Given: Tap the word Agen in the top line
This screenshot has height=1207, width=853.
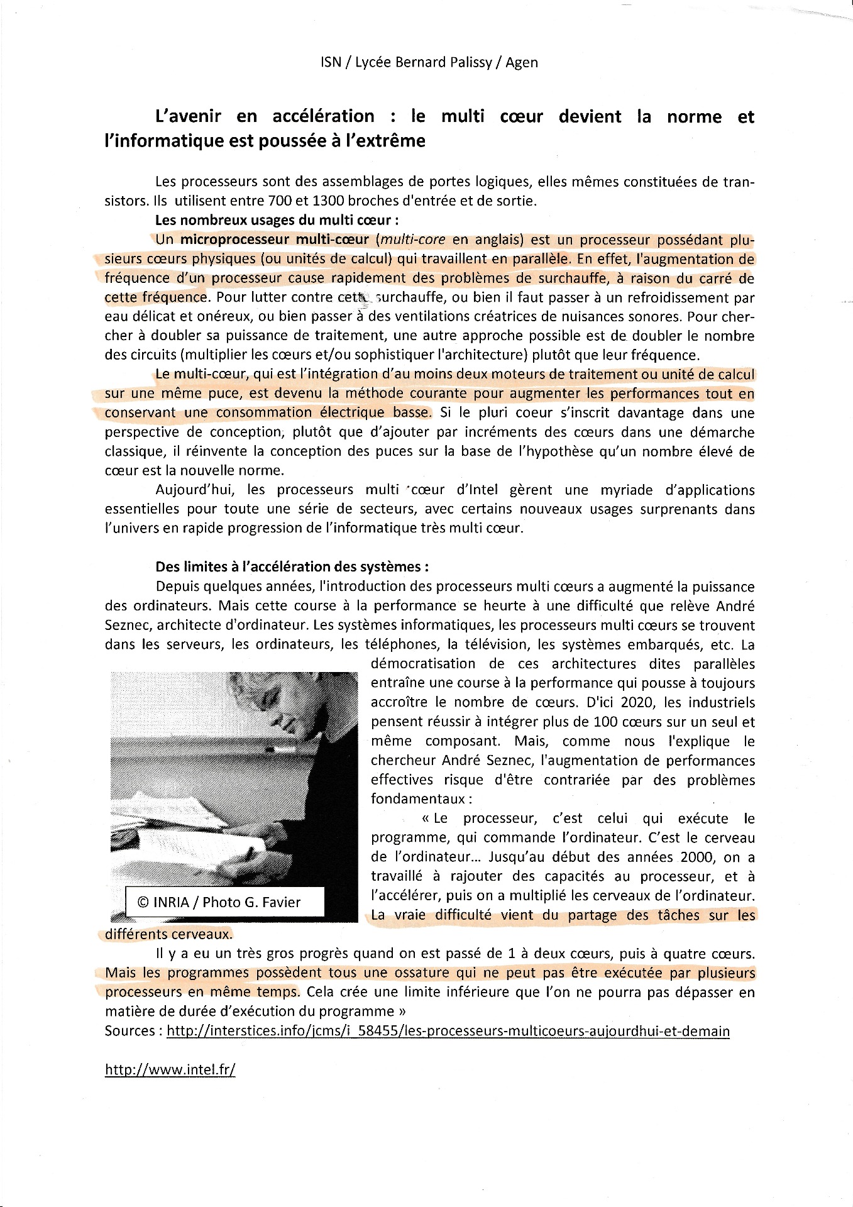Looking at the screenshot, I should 522,63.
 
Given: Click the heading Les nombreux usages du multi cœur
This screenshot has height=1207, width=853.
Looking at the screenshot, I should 277,220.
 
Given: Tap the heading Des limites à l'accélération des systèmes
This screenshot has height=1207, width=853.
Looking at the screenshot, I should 292,566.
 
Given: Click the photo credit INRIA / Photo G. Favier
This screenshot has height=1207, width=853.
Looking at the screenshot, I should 219,902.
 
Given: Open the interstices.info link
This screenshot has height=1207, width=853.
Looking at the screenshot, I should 448,1031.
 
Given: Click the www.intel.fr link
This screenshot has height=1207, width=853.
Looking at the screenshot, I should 170,1069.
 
